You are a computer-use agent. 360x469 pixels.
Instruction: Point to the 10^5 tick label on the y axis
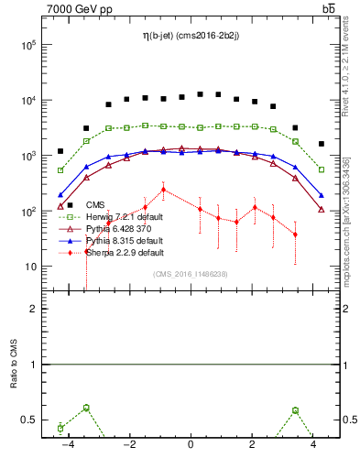pos(28,45)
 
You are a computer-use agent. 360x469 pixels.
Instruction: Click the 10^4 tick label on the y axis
pos(28,101)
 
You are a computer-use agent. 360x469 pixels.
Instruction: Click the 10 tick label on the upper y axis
pos(30,267)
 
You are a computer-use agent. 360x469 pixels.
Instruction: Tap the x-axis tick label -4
pos(67,445)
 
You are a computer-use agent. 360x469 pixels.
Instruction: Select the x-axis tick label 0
pos(191,445)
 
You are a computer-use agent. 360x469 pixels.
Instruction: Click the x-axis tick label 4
pos(313,445)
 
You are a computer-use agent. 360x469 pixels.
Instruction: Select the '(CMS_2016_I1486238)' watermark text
pos(191,274)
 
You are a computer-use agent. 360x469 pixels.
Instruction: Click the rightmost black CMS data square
pos(321,144)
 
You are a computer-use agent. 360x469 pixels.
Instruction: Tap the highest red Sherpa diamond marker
pos(163,190)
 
